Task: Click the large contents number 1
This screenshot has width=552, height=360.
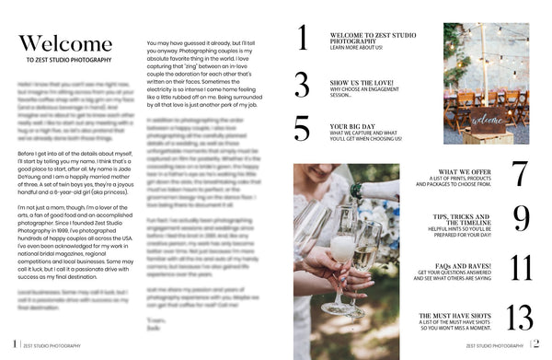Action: point(302,38)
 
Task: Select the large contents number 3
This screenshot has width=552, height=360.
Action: point(302,85)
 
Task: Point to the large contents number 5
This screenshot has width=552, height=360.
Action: point(302,128)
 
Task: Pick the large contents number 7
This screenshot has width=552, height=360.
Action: point(520,174)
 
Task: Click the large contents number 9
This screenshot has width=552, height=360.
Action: point(521,218)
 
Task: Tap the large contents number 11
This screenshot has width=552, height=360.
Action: point(521,268)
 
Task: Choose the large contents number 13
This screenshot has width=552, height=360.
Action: point(520,318)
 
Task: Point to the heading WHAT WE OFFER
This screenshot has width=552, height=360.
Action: point(468,171)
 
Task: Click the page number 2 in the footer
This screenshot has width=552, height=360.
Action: point(535,345)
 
